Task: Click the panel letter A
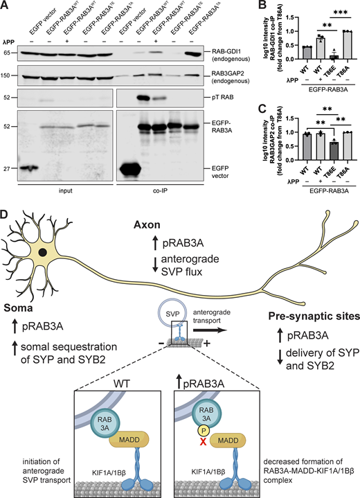[5, 6]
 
